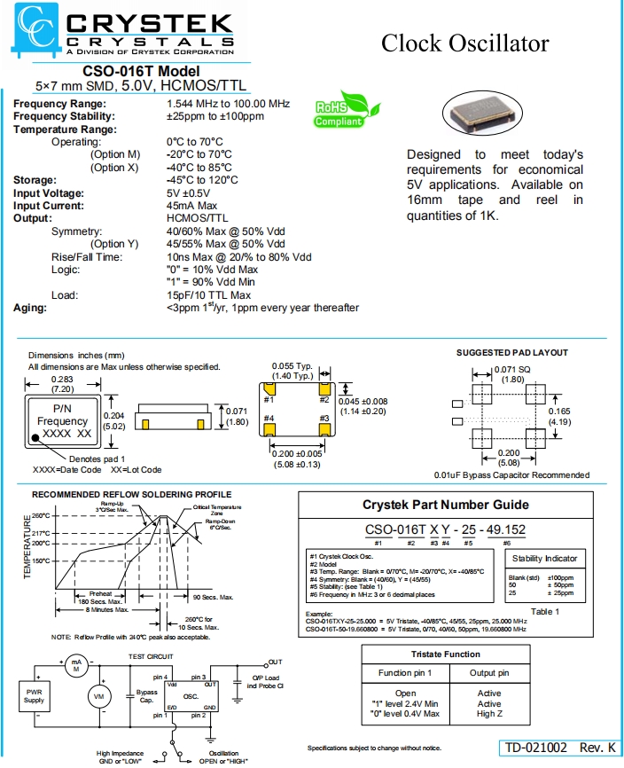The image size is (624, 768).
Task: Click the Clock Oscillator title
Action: coord(464,43)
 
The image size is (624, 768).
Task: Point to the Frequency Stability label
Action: coord(59,116)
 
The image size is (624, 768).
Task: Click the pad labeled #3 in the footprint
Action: coord(324,429)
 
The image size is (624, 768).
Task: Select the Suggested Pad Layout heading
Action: coord(512,353)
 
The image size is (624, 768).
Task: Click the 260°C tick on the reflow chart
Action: coord(42,515)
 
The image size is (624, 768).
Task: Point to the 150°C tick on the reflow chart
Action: coord(42,560)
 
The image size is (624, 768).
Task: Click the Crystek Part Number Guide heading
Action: coord(446,505)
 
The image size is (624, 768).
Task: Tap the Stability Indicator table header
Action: coord(545,559)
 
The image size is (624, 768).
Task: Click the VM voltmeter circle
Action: coord(98,697)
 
